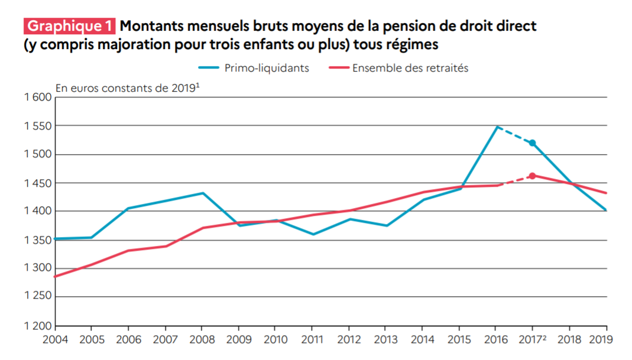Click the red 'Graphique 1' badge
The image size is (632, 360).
tap(69, 26)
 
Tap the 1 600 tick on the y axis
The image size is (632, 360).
tap(38, 97)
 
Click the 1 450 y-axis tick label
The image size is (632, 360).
tap(38, 183)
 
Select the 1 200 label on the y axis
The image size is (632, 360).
tap(38, 326)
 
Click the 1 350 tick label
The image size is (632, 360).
tap(38, 241)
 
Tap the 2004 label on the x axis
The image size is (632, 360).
tap(55, 340)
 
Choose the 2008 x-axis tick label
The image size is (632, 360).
tap(202, 340)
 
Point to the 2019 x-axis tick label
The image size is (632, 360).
tap(601, 340)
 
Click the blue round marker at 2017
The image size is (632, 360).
tap(532, 143)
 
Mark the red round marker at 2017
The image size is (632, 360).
tap(532, 176)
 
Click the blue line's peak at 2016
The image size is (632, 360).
tap(496, 127)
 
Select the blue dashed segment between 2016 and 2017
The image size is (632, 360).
tap(514, 135)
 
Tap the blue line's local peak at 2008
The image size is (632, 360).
tap(202, 193)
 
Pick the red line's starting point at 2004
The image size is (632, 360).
tap(56, 276)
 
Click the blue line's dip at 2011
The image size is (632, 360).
tap(312, 234)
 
